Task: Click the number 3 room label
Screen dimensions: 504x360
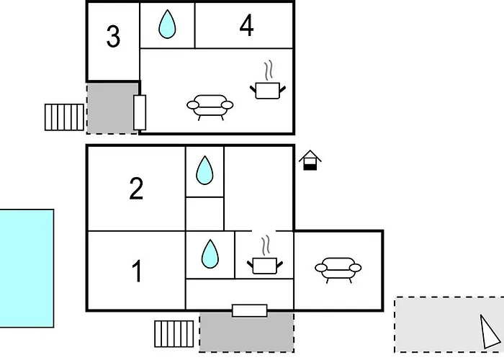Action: click(113, 36)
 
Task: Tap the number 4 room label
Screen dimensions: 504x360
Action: click(246, 26)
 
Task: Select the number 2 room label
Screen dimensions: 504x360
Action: click(136, 189)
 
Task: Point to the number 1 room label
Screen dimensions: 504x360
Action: click(138, 271)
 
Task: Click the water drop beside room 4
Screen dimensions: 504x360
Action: click(167, 24)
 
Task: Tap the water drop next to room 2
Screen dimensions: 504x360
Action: click(204, 171)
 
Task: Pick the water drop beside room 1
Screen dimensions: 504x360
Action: click(210, 254)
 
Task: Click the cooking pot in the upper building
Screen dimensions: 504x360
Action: click(268, 81)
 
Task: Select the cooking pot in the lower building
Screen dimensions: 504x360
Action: click(265, 256)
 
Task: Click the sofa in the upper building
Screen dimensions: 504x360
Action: click(210, 107)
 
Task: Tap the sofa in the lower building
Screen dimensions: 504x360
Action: click(338, 270)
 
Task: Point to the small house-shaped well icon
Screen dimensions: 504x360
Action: click(310, 160)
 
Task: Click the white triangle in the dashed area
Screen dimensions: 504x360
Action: click(490, 332)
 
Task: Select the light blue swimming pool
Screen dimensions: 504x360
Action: click(27, 269)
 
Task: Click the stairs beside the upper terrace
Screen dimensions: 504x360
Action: click(64, 117)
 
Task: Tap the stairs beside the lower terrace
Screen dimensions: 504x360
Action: click(174, 333)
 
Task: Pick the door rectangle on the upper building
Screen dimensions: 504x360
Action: click(140, 112)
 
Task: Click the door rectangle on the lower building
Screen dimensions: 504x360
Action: click(250, 311)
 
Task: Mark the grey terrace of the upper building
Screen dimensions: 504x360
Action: click(110, 108)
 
